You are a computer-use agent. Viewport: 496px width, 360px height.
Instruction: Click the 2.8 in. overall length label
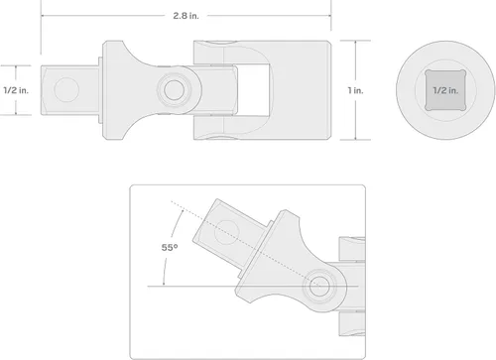186,16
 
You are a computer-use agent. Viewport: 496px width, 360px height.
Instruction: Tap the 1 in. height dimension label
355,90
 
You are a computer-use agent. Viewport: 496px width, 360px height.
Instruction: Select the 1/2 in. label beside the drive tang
16,90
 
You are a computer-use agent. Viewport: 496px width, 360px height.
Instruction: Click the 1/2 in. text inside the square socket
445,90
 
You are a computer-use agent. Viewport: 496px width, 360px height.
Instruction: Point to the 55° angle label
170,247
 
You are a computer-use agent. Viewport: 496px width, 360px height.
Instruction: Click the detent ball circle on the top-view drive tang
66,89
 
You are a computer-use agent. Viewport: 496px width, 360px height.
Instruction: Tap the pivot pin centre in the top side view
174,89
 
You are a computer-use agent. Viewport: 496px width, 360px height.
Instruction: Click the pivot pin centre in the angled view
318,286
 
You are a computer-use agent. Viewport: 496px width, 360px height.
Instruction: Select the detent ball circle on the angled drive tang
227,232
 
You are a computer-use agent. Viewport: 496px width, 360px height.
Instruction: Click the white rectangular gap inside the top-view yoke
253,90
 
